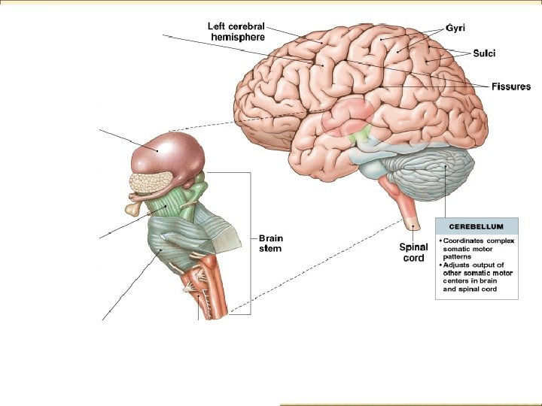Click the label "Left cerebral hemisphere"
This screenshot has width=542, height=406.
click(x=236, y=31)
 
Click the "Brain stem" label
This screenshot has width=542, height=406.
click(x=271, y=243)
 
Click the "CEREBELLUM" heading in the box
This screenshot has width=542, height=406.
click(x=477, y=225)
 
